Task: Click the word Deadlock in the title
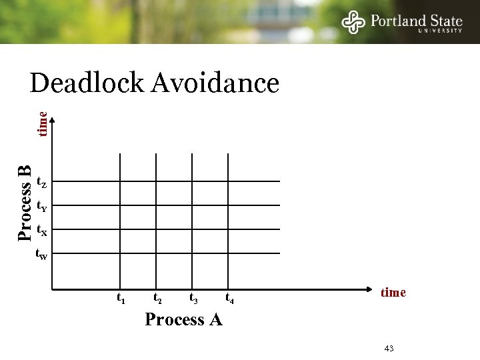[87, 83]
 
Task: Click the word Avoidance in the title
[215, 83]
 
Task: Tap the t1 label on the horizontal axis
[121, 298]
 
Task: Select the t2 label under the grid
[157, 298]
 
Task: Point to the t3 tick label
[193, 298]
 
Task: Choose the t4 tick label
[229, 298]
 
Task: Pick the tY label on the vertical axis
[41, 206]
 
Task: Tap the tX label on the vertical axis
[41, 231]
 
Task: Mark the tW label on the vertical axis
[41, 254]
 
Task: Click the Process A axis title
[183, 320]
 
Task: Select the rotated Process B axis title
[25, 202]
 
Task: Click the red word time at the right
[393, 293]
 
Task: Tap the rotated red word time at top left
[43, 124]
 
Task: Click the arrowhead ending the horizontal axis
[368, 289]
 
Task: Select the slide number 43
[390, 349]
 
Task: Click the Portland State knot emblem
[353, 22]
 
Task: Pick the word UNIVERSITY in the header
[440, 31]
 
